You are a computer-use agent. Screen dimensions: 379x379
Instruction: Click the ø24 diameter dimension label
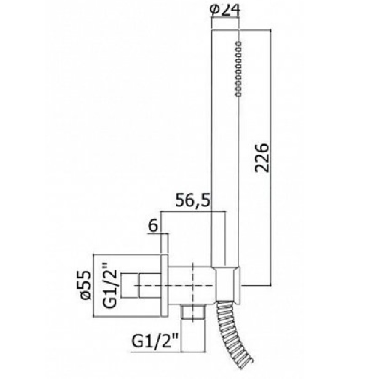click(226, 10)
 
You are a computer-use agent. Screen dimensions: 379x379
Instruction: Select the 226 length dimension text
click(262, 158)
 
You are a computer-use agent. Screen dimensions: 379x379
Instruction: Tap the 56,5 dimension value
click(192, 200)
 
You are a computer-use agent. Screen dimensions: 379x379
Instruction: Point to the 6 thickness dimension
click(153, 227)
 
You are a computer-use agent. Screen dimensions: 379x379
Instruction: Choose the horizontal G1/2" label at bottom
click(155, 342)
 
